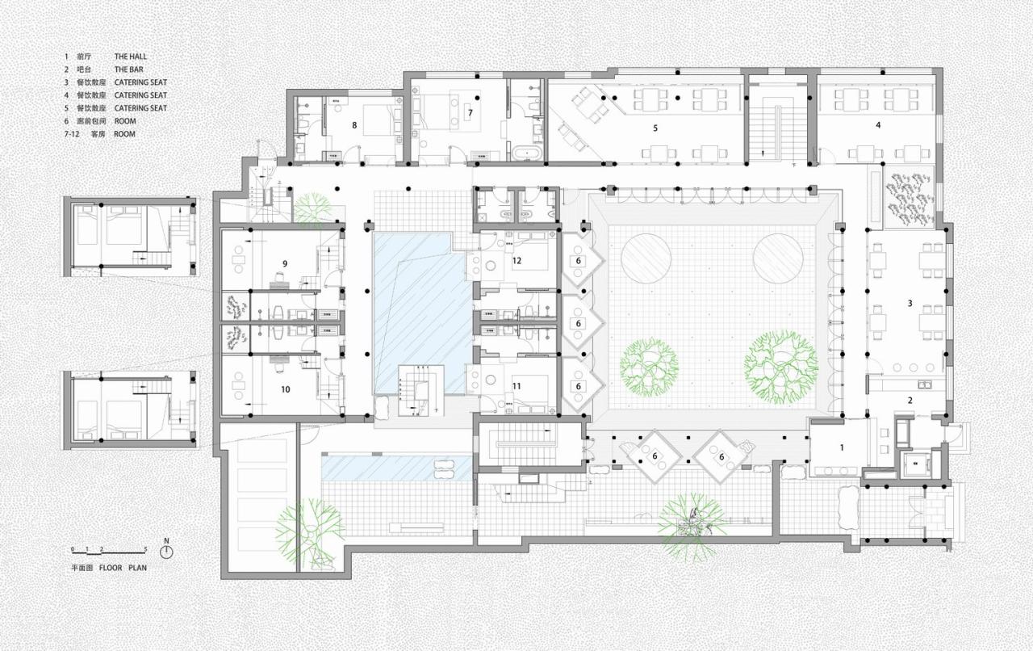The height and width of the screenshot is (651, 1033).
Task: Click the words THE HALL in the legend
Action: click(x=130, y=57)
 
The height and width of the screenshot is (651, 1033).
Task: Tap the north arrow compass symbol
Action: click(x=167, y=552)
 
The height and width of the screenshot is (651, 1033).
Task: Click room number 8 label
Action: click(x=353, y=125)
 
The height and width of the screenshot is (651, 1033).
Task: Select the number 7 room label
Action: click(x=470, y=113)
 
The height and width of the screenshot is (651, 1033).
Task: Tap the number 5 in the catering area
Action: click(x=655, y=128)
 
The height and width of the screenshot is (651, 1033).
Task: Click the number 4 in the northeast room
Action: click(x=878, y=124)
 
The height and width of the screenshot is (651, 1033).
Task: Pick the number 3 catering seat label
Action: click(x=910, y=303)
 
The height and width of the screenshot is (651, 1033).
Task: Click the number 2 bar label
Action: click(x=910, y=401)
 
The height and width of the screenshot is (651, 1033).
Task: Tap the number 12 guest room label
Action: click(x=516, y=260)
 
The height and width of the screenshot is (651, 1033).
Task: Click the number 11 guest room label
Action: click(x=516, y=386)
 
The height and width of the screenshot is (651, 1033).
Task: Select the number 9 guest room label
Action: click(x=285, y=263)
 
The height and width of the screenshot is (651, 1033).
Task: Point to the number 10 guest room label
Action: click(x=285, y=388)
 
